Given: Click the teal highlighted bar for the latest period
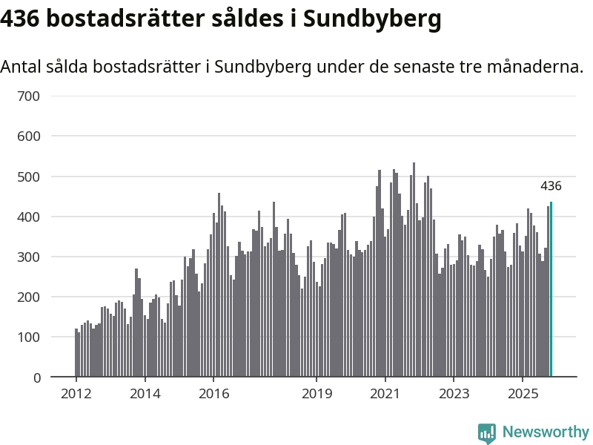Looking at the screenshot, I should point(551,289).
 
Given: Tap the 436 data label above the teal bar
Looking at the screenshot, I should point(551,186).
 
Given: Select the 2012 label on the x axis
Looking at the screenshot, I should point(76,393).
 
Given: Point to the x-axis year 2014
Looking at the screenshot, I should point(145,393).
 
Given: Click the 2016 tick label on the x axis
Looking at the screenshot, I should point(213,393).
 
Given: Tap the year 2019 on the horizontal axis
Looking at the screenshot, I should point(317,393).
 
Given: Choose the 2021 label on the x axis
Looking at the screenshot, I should point(385,393).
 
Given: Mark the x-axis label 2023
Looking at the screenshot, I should point(454,393).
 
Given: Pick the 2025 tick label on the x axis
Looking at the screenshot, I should point(523,393).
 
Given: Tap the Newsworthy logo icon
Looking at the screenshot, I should point(487,432).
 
